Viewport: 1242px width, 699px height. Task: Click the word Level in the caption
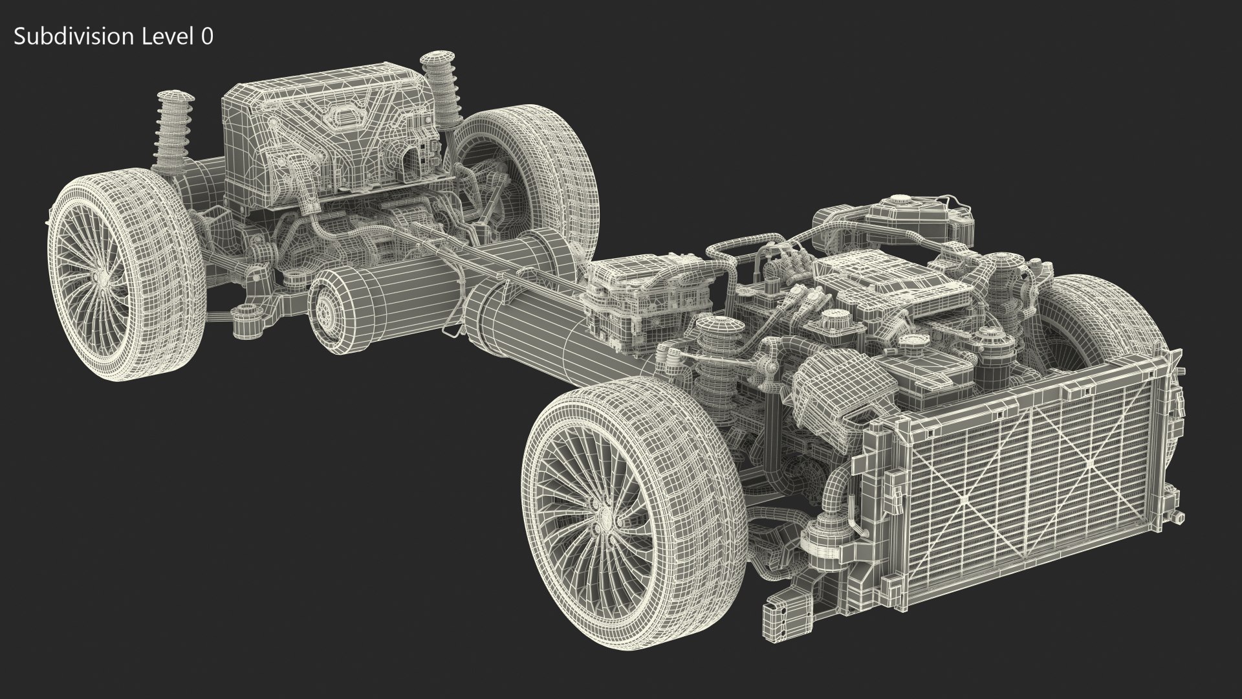[165, 37]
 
